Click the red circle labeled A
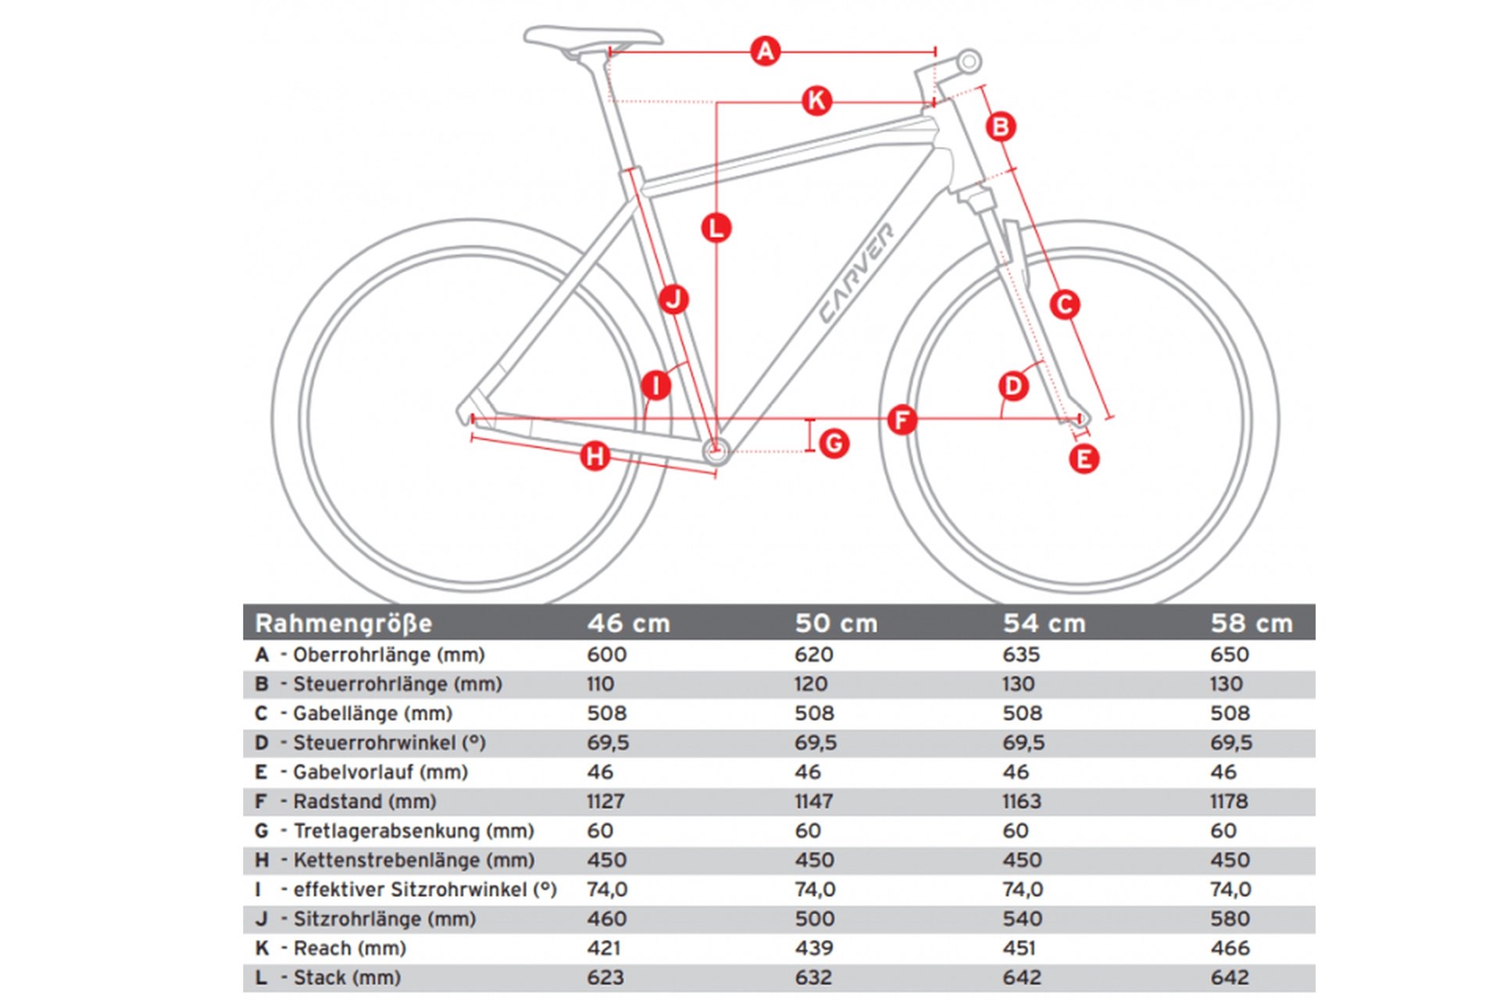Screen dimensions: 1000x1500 [765, 52]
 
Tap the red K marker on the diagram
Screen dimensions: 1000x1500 [816, 101]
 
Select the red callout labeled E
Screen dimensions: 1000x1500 [1084, 459]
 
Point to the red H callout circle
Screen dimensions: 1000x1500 [595, 455]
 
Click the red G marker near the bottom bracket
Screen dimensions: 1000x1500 [834, 444]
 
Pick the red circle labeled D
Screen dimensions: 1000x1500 [1013, 386]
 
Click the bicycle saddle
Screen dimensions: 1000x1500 [592, 38]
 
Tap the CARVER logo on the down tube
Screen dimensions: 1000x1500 [856, 273]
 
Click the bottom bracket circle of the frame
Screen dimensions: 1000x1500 [716, 450]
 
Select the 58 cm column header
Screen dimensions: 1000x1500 [1252, 623]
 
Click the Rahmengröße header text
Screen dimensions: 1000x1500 [343, 623]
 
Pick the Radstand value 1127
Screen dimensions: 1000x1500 [605, 802]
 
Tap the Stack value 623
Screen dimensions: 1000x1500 [605, 977]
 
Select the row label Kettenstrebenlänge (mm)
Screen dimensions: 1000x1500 [413, 860]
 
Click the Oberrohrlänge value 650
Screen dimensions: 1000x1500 [1229, 655]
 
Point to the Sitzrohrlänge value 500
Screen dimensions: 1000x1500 [814, 919]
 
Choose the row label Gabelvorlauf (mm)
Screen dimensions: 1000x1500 [380, 772]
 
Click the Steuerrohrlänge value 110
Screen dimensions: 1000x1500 [600, 684]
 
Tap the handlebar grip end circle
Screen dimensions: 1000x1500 [969, 61]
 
